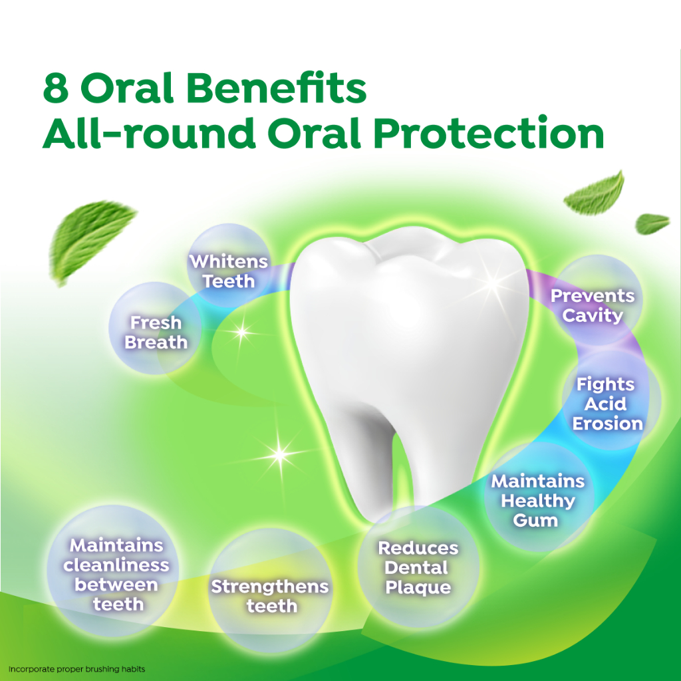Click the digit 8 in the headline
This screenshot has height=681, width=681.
coord(56,88)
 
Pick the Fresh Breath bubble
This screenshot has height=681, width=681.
coord(155,329)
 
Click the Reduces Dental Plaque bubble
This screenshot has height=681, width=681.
coord(418,567)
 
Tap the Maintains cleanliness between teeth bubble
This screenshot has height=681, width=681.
coord(113,571)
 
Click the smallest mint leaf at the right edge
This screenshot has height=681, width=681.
coord(652,223)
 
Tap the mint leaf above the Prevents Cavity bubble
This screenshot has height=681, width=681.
coord(595,194)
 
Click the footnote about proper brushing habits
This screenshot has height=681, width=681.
coord(77,669)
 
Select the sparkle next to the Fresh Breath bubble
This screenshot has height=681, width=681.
coord(241,333)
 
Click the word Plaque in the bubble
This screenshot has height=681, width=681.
coord(418,588)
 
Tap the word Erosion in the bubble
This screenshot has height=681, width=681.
coord(608,424)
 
